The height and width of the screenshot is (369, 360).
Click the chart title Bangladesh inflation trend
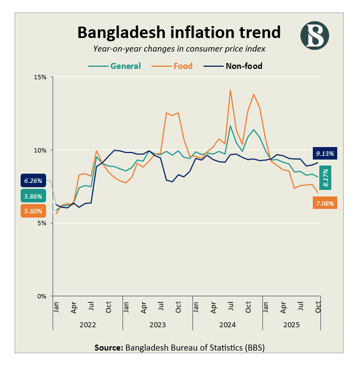[x=179, y=31]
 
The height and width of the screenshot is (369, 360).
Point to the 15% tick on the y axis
[x=40, y=77]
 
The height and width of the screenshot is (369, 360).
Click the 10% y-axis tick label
[x=40, y=150]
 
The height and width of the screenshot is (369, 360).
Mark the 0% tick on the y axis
[x=41, y=296]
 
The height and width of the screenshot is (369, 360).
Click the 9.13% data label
[x=325, y=153]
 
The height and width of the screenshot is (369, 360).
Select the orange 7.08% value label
[x=325, y=203]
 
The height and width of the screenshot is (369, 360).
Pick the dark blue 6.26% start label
[x=33, y=181]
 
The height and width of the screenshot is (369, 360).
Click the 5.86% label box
[x=33, y=196]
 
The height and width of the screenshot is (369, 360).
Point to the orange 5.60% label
[x=33, y=211]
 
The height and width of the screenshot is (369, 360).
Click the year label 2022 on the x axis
[x=87, y=325]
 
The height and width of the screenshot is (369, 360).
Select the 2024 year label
[x=227, y=325]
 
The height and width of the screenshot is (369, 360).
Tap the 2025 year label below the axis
[x=291, y=325]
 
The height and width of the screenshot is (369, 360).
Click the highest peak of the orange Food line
[x=230, y=90]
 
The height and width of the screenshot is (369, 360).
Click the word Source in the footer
[x=108, y=347]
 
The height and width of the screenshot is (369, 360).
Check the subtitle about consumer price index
[x=179, y=49]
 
